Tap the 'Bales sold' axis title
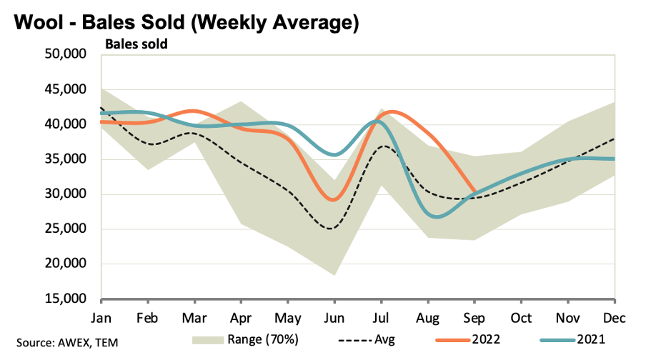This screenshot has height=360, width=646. (x=136, y=44)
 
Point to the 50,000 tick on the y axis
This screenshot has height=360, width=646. (x=66, y=55)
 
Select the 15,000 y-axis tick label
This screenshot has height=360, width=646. (x=66, y=299)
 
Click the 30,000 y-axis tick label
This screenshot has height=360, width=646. (x=66, y=194)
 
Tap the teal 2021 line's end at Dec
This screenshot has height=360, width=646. (x=615, y=159)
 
